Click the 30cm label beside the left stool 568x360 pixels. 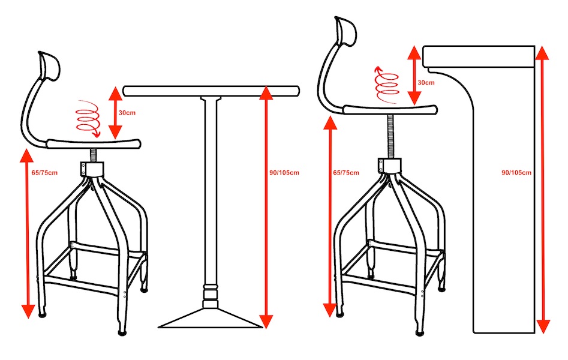pos(127,113)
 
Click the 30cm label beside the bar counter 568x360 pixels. pos(426,83)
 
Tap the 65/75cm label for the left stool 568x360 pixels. pos(44,173)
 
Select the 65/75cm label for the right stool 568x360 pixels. pos(346,173)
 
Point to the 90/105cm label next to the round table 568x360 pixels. pos(284,173)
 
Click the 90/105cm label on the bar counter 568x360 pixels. pos(516,173)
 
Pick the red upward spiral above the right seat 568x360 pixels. pos(386,85)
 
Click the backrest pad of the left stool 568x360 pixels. pos(49,66)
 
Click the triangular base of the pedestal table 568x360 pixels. pos(211,319)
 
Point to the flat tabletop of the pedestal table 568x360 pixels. pos(211,91)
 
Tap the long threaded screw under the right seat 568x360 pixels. pos(390,136)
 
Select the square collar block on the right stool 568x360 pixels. pos(389,165)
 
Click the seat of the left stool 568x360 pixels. pos(94,143)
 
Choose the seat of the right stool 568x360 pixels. pos(390,109)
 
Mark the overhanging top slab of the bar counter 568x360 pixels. pos(479,56)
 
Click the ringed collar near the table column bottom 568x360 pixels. pos(211,292)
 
